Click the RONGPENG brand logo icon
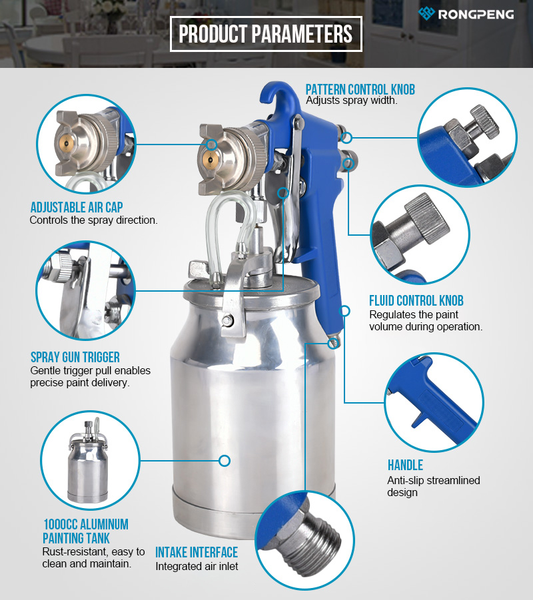tap(426, 13)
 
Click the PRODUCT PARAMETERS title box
tap(266, 34)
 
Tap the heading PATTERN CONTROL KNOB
tap(360, 89)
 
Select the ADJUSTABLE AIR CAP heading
tap(77, 207)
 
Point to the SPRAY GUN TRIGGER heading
tap(75, 357)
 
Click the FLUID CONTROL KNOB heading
tap(416, 301)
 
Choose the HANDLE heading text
tap(405, 465)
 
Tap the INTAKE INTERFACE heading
tap(197, 552)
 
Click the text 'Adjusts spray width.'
tap(352, 101)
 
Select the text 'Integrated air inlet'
tap(197, 566)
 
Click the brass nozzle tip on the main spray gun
tap(209, 157)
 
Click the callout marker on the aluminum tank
tap(225, 461)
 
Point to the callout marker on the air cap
tap(212, 145)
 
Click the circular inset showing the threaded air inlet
tap(304, 540)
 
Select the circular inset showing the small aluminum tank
tap(90, 461)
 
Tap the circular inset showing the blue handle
tap(434, 402)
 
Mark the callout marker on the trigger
tap(283, 192)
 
